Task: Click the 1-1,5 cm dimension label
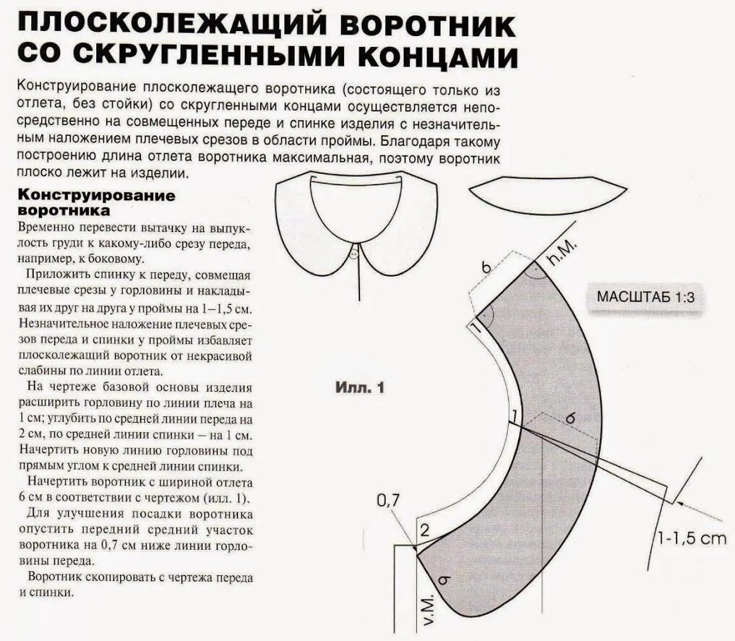(x=691, y=538)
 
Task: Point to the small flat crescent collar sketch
(x=547, y=194)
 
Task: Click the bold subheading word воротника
(x=63, y=211)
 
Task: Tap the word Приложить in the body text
(x=56, y=275)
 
